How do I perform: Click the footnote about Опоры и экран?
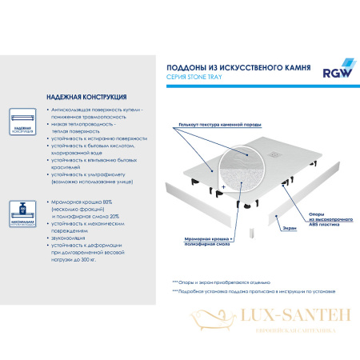pyautogui.click(x=220, y=283)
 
